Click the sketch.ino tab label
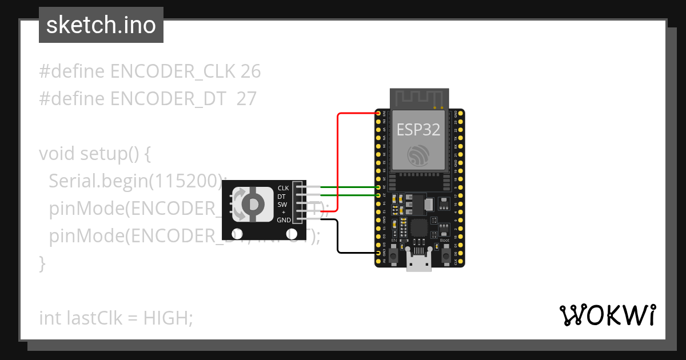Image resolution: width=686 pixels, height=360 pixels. [101, 25]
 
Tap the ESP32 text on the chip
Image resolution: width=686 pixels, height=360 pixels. [418, 130]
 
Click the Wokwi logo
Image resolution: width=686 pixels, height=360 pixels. [607, 315]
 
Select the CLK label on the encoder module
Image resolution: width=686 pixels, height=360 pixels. [284, 188]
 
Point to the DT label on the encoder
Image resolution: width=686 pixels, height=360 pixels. [281, 196]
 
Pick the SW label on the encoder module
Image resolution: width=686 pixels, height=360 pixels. [282, 204]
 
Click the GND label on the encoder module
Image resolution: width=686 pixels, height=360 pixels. [284, 220]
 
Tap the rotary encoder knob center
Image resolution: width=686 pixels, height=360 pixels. [253, 204]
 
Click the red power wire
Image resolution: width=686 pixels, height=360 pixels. [337, 160]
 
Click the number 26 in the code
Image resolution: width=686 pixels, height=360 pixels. [250, 71]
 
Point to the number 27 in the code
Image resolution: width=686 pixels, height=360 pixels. [246, 99]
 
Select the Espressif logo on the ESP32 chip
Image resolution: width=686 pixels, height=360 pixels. [418, 155]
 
